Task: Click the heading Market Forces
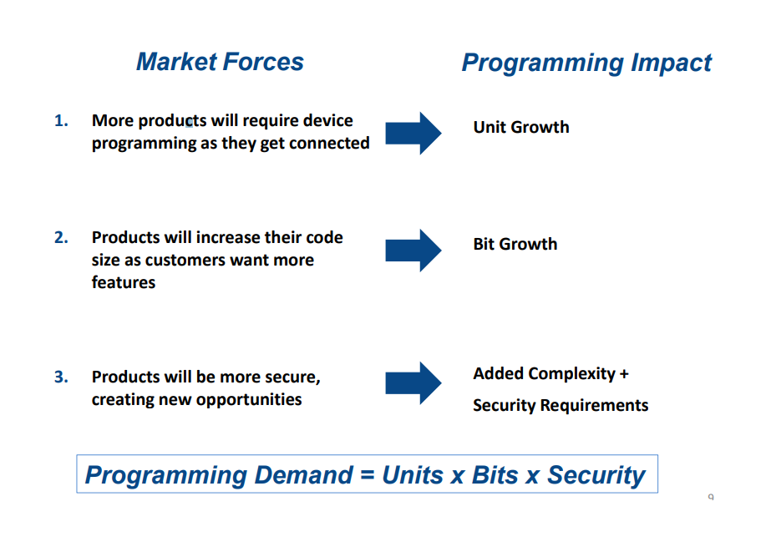click(x=220, y=62)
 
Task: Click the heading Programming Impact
click(x=586, y=63)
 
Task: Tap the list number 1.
click(x=61, y=120)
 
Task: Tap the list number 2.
click(x=61, y=237)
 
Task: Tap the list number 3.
click(x=61, y=377)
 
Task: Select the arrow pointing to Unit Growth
click(x=413, y=134)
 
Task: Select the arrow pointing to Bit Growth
click(x=413, y=251)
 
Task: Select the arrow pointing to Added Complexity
click(x=413, y=382)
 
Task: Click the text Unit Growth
click(x=521, y=127)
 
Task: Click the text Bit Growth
click(x=515, y=244)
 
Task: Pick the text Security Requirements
click(x=561, y=405)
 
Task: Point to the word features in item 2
click(x=124, y=282)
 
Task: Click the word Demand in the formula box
click(x=303, y=475)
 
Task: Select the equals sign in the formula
click(x=368, y=475)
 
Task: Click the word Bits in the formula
click(x=495, y=475)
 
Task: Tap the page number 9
click(x=711, y=497)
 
